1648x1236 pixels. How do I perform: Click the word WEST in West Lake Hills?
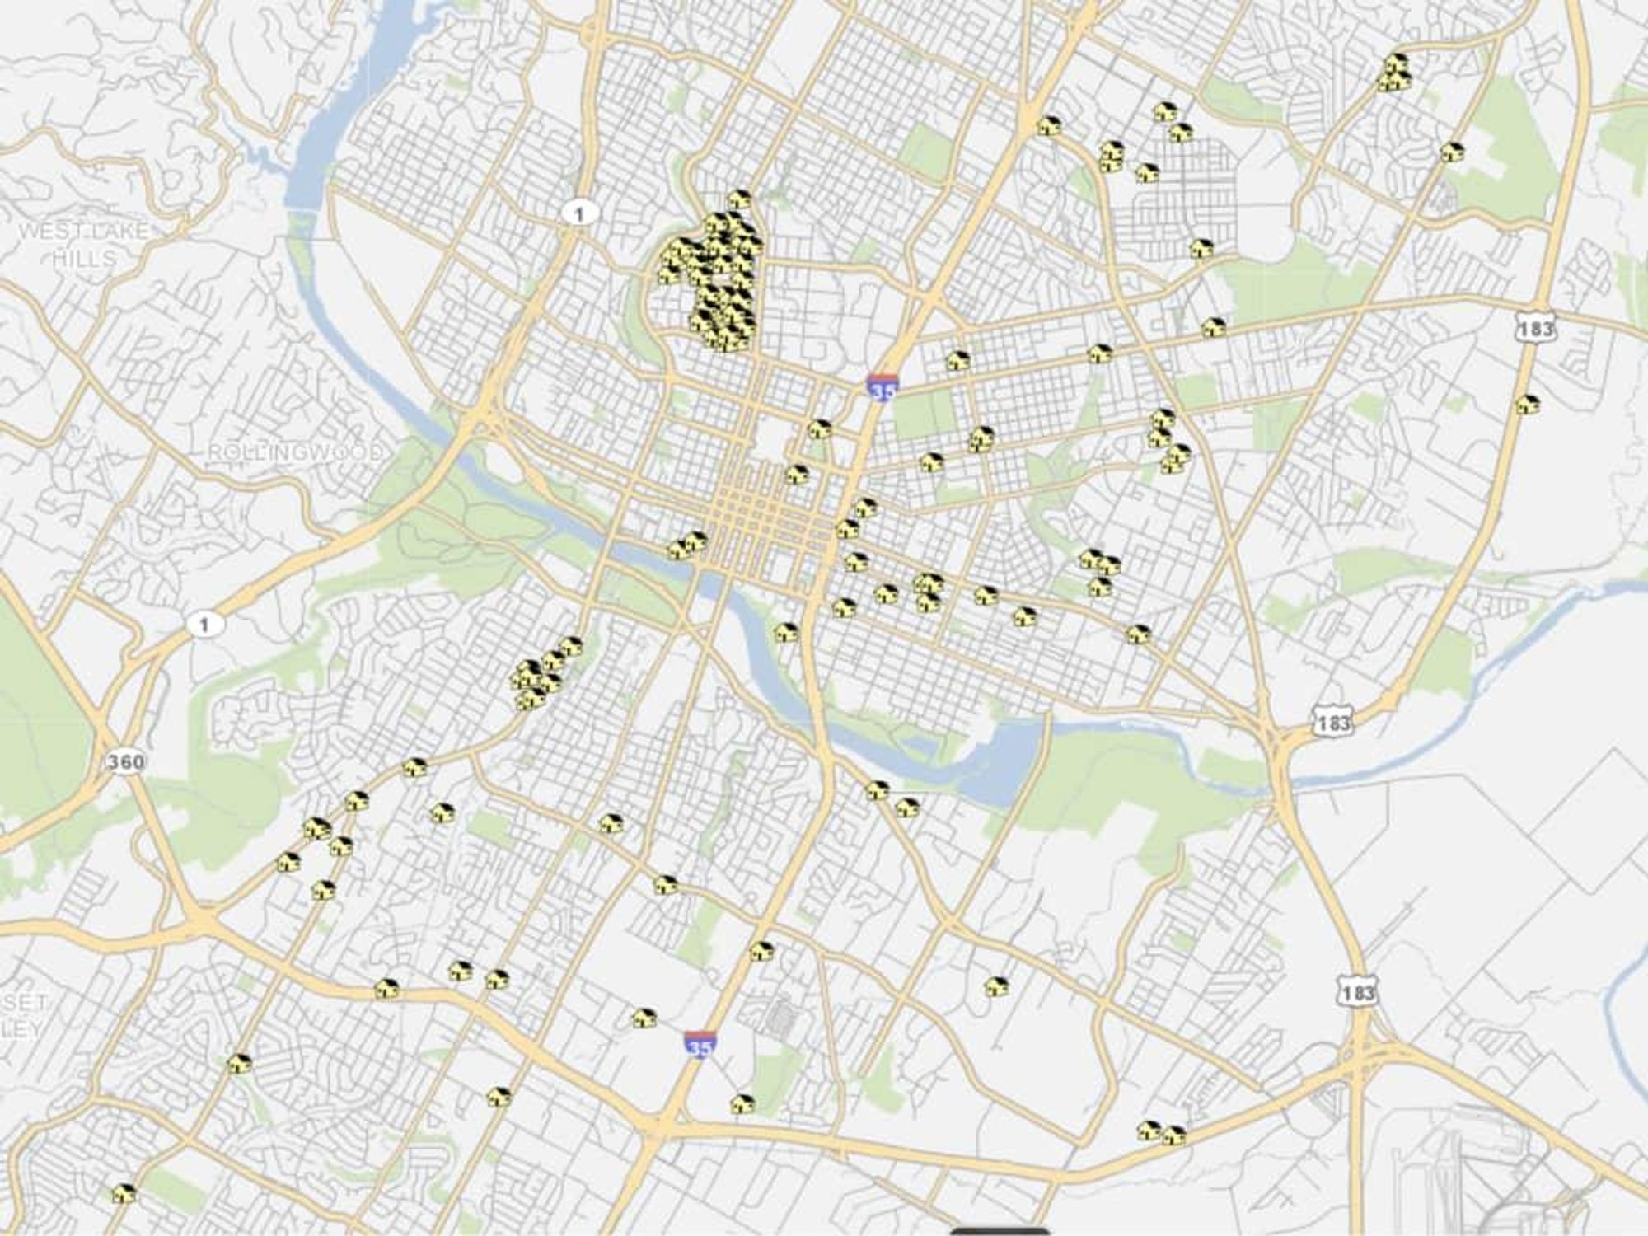point(48,232)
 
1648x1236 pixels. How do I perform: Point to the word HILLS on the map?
point(84,258)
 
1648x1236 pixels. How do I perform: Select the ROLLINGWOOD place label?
point(295,452)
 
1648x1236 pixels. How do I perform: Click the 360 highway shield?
point(125,761)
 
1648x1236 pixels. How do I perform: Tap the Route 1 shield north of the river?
point(579,214)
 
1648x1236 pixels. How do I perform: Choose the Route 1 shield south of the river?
point(204,624)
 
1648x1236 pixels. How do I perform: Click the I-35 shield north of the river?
point(882,387)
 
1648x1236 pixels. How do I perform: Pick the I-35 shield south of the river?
point(699,1045)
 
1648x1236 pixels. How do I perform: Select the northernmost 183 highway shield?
point(1536,327)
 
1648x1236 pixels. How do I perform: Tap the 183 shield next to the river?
point(1332,723)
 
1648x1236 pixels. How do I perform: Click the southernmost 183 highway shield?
point(1357,992)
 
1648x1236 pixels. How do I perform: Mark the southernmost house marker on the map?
point(124,1193)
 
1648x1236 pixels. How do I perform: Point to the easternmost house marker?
point(1529,404)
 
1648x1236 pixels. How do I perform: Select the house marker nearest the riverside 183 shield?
point(1138,634)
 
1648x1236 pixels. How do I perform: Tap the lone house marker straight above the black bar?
point(996,986)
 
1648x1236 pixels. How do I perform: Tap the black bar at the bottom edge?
point(1000,1231)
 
